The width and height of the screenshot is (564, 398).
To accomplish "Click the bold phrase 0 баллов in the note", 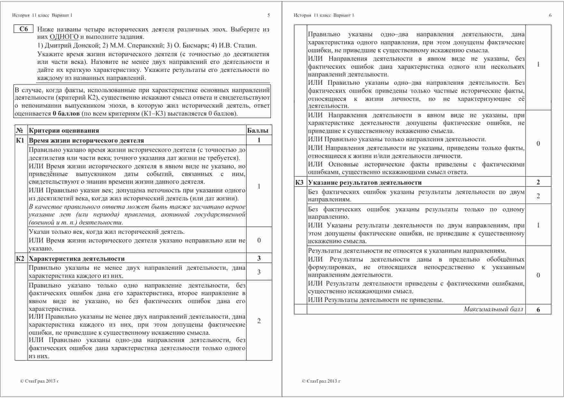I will click(66, 114).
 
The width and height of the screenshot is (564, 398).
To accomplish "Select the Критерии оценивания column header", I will click(64, 130).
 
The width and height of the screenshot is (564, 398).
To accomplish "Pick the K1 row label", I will click(20, 140).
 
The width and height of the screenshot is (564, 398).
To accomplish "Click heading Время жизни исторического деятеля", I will click(86, 140).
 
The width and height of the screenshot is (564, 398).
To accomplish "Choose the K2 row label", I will click(20, 259).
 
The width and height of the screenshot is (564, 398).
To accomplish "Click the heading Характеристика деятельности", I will click(77, 259).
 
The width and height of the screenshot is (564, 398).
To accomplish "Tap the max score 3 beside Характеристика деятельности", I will click(259, 258).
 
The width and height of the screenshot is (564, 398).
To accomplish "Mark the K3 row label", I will click(299, 182).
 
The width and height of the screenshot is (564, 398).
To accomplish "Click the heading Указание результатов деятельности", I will click(365, 182).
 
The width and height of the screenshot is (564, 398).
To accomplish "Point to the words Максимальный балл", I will click(493, 309).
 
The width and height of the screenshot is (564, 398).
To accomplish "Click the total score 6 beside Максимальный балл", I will click(538, 310).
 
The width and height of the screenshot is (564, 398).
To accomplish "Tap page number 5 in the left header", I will click(269, 15).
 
